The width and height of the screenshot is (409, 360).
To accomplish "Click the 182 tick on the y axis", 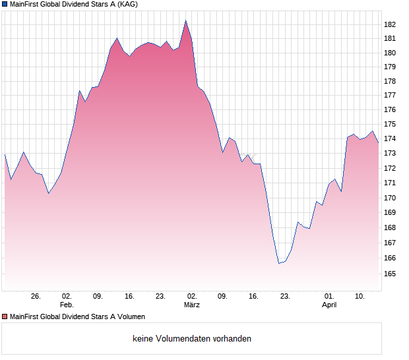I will tap(390, 24).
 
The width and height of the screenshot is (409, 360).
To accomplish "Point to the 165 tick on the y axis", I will tap(390, 273).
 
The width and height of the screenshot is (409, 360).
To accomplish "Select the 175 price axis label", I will tap(390, 125).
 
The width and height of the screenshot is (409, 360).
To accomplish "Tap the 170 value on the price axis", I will tap(390, 198).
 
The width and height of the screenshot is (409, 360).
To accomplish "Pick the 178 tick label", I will tap(390, 81).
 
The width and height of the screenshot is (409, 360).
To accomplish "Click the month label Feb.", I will tap(66, 305).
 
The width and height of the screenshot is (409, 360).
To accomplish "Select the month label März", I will tap(192, 305).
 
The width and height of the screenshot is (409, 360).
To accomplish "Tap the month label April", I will tap(329, 305).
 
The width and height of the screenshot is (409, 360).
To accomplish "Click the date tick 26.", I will tap(36, 297).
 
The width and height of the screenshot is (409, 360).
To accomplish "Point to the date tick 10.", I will tap(360, 297).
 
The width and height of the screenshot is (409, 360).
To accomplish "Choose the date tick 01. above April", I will tap(329, 297).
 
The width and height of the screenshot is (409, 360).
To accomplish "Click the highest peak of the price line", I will tap(185, 21).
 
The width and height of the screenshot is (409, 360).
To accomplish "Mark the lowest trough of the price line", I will tap(279, 263).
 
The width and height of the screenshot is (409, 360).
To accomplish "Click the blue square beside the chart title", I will tap(5, 4).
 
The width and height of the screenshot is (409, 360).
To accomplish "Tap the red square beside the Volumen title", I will tap(5, 317).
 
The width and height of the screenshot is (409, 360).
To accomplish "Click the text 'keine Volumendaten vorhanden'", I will tap(192, 339).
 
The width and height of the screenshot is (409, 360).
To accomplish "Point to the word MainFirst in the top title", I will tap(26, 4).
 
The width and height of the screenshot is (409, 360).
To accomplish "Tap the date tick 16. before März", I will tap(129, 297).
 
